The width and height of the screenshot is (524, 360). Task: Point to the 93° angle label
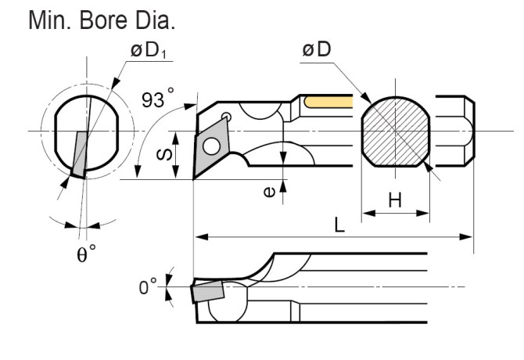coord(158,100)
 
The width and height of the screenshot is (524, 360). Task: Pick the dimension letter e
coord(268,189)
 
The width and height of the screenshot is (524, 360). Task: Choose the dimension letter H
coord(395,200)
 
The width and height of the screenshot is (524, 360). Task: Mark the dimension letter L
coord(338,225)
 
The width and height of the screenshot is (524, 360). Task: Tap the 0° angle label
coord(148,287)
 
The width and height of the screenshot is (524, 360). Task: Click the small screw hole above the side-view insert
coord(226,117)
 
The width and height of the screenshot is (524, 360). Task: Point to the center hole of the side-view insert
coord(210,146)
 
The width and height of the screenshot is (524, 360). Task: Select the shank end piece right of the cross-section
coord(454,131)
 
